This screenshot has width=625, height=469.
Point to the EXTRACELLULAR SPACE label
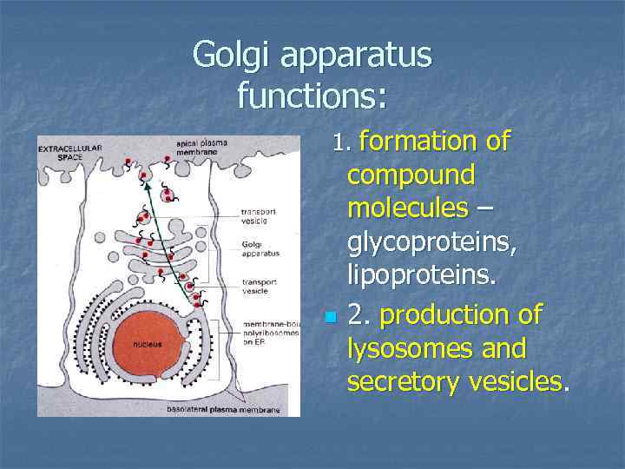click(x=69, y=152)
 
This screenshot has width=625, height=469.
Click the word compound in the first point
click(x=411, y=175)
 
